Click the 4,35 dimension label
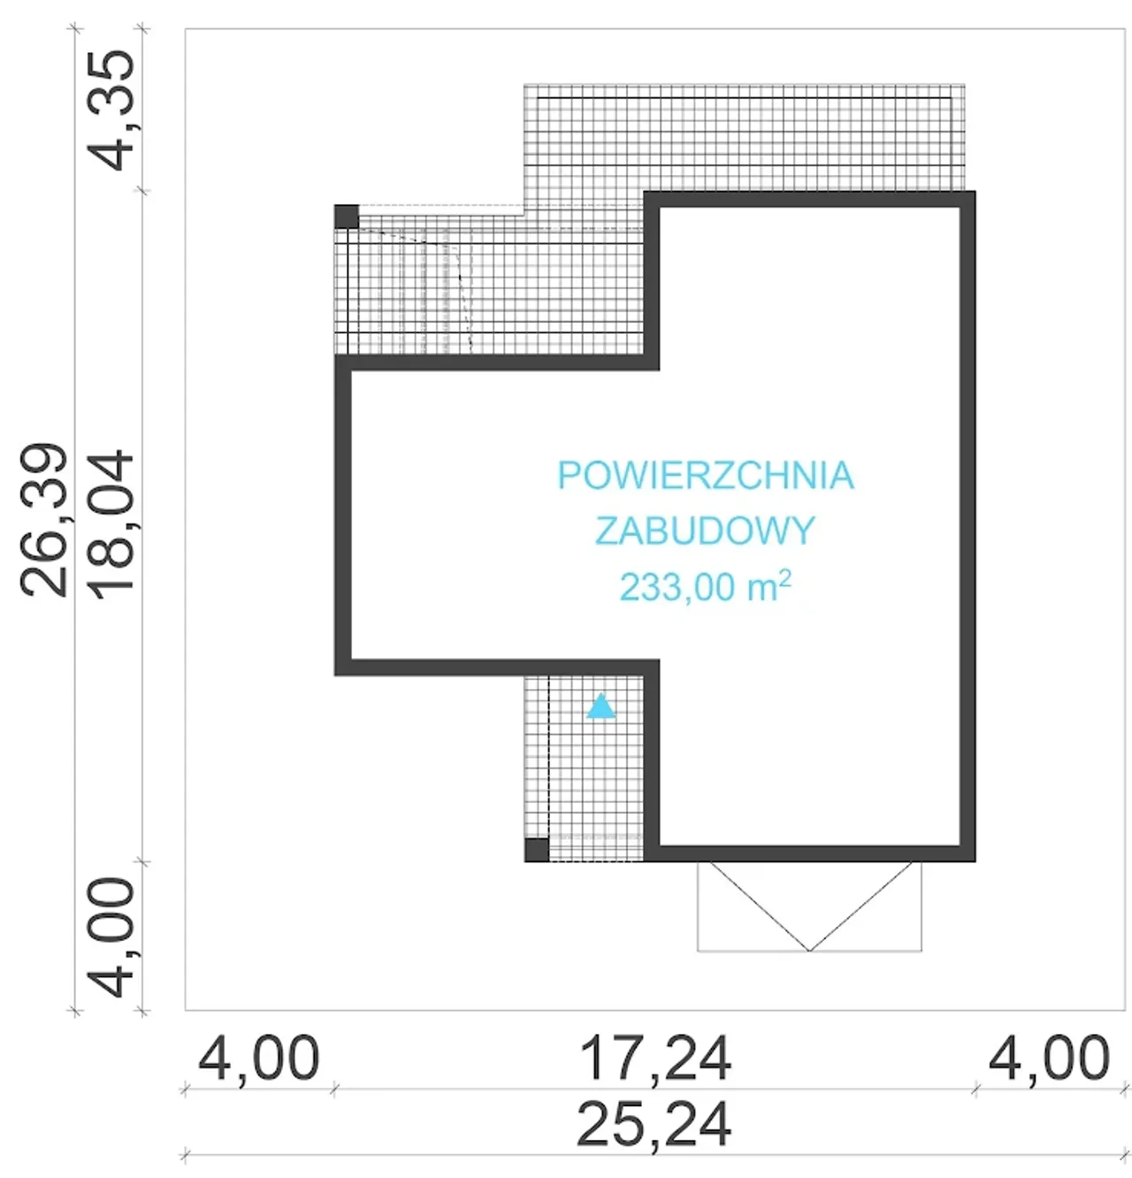pyautogui.click(x=112, y=111)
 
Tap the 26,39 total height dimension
pyautogui.click(x=43, y=520)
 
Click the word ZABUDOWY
pyautogui.click(x=705, y=531)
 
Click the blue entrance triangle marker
pyautogui.click(x=600, y=707)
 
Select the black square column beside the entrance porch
pyautogui.click(x=536, y=850)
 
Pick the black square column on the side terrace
pyautogui.click(x=347, y=217)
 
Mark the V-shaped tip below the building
pyautogui.click(x=809, y=951)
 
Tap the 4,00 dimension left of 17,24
pyautogui.click(x=258, y=1058)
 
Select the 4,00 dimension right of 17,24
pyautogui.click(x=1049, y=1058)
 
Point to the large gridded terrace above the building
pyautogui.click(x=744, y=137)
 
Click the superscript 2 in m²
pyautogui.click(x=785, y=578)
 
